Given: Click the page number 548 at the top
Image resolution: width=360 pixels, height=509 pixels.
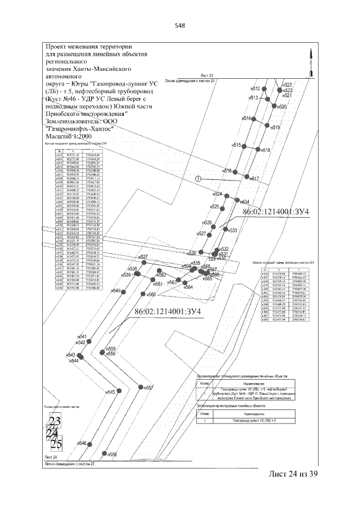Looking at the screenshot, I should [x=180, y=25].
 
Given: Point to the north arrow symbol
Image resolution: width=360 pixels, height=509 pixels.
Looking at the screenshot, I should [x=309, y=62].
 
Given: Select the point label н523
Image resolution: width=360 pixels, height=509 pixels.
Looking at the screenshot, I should [x=287, y=84].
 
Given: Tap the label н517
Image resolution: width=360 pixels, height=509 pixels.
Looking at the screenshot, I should [x=253, y=178].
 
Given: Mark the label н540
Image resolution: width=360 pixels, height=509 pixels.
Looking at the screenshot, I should [x=116, y=291].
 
